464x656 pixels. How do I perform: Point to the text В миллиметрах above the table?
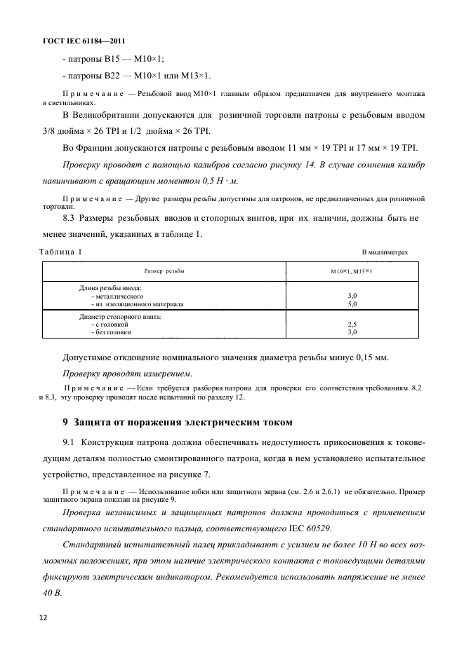385,252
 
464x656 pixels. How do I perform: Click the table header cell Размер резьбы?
164,271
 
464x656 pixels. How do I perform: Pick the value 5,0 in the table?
352,305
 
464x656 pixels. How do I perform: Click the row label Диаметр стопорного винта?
120,317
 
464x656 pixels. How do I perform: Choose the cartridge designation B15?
118,59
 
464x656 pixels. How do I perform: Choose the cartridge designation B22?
118,76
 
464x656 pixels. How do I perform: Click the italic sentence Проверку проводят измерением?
127,373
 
